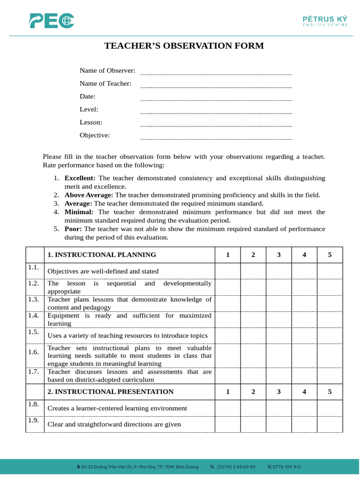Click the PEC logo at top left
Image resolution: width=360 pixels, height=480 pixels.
tap(52, 21)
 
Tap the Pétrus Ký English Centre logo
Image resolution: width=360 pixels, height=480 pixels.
tap(325, 20)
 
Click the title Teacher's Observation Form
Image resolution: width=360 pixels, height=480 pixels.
tap(184, 46)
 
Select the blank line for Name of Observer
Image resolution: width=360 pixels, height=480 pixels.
tap(216, 71)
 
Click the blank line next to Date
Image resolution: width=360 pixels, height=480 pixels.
tap(216, 97)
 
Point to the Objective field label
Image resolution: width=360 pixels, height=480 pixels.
tap(95, 135)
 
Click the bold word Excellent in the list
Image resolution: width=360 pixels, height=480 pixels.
tap(80, 178)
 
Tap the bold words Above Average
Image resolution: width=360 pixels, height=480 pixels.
tap(89, 195)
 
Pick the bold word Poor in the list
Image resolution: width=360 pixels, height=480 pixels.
tap(73, 229)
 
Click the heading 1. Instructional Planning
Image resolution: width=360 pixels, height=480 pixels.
tap(102, 255)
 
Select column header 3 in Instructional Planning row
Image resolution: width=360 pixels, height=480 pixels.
tap(279, 255)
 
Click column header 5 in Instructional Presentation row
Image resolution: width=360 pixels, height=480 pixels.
tap(330, 392)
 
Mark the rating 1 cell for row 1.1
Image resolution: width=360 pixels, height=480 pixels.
tap(228, 271)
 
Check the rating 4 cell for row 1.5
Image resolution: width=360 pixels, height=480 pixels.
tap(304, 336)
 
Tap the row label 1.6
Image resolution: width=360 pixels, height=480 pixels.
tap(33, 352)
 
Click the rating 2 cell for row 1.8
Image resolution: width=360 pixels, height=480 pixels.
tap(253, 408)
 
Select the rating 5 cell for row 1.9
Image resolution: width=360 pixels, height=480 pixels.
tap(330, 424)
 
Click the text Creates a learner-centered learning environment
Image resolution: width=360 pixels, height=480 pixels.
tap(117, 408)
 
